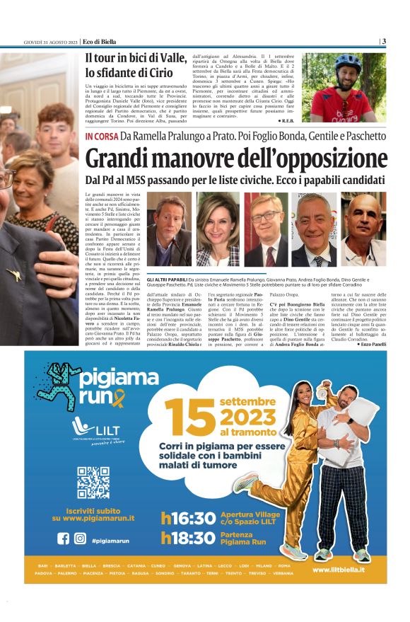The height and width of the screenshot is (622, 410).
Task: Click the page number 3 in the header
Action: (x=384, y=41)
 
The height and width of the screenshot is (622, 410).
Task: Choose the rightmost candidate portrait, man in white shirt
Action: (x=364, y=228)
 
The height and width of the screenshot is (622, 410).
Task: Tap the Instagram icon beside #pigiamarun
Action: (x=80, y=539)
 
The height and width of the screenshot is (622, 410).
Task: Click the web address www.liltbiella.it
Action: (x=338, y=570)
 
